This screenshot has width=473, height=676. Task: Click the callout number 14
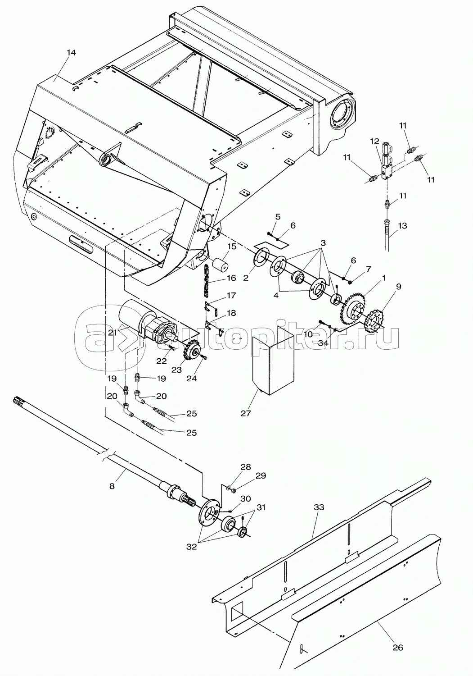[72, 53]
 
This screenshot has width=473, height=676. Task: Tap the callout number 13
[402, 225]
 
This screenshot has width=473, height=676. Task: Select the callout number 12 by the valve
[375, 141]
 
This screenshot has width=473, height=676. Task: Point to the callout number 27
[246, 413]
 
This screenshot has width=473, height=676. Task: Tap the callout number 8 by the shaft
[112, 486]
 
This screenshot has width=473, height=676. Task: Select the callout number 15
[231, 247]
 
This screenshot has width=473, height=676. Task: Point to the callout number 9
[399, 286]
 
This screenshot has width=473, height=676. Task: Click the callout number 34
[323, 343]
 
